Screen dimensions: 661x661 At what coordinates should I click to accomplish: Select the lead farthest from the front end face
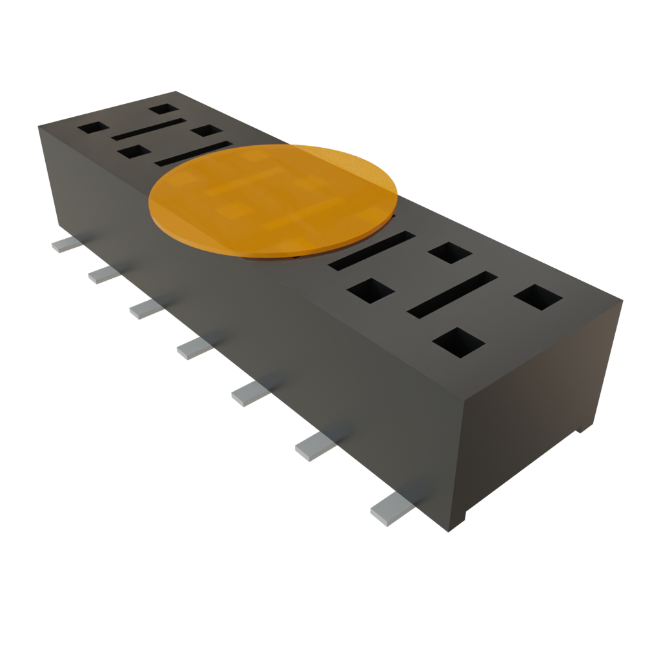[x=67, y=244]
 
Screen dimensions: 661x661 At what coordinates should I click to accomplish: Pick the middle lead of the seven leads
[x=194, y=348]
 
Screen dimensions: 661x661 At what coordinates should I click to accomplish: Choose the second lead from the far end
[x=103, y=274]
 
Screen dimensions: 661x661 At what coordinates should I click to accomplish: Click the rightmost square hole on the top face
[x=539, y=297]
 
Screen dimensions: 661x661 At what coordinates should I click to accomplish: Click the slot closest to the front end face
[x=452, y=294]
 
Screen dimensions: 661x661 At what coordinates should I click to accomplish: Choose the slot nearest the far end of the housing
[x=147, y=128]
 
